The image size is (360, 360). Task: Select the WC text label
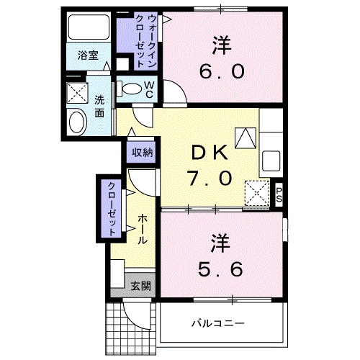tap(149, 89)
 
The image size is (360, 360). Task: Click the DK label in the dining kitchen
tap(210, 153)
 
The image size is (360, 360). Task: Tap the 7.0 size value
tap(210, 177)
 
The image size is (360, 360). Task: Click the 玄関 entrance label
tap(141, 285)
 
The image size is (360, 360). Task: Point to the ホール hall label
tap(143, 228)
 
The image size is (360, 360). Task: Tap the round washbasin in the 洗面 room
tap(76, 122)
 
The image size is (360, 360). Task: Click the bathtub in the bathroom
tap(88, 28)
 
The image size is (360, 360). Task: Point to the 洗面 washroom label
tap(99, 107)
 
